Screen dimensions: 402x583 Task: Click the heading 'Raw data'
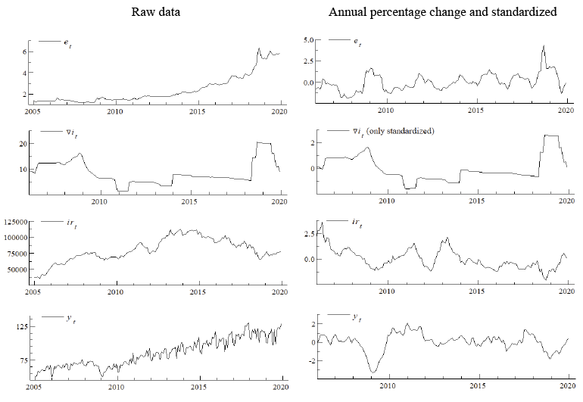coord(156,12)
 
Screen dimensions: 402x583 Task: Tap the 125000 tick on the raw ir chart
coord(15,221)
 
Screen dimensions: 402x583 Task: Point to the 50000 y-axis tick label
coord(17,269)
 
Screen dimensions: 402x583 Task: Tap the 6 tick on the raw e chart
coord(25,51)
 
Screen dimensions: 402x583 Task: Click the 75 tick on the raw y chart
coord(23,360)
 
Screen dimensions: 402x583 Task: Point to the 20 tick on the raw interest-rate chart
coord(23,143)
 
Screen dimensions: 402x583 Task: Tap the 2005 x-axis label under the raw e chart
coord(33,112)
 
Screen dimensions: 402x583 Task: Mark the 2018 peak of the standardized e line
coord(543,45)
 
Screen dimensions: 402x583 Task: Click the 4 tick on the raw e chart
coord(25,73)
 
